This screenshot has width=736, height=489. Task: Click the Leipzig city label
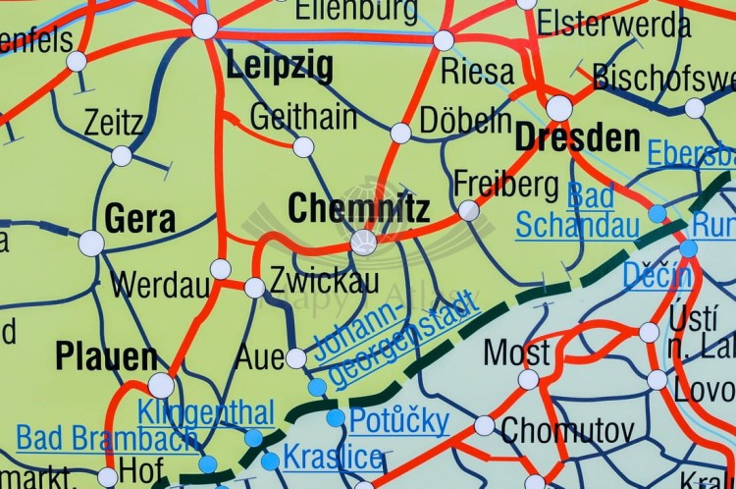(279, 68)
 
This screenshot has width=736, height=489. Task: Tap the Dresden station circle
(559, 108)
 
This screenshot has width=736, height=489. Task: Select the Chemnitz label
(358, 208)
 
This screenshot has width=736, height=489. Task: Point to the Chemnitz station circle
(364, 243)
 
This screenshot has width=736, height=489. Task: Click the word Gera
(139, 218)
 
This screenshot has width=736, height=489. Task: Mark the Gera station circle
(91, 243)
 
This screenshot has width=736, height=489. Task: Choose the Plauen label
(106, 356)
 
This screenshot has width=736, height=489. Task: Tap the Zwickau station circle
(254, 288)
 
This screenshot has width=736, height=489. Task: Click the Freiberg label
(505, 184)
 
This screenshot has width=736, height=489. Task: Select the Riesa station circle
(444, 40)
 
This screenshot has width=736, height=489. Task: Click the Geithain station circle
(304, 147)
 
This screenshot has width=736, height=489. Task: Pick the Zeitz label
(113, 124)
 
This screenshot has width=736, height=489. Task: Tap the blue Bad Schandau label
(577, 210)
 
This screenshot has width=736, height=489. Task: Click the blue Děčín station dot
(689, 248)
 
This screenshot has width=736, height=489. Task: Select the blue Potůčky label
(399, 421)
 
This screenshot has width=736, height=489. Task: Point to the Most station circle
(529, 379)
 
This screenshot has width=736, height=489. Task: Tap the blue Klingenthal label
(206, 413)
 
